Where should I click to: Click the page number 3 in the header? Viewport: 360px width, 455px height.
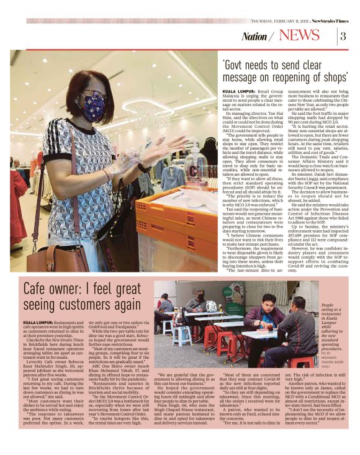(x=343, y=35)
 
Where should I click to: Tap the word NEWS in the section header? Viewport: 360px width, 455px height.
(x=308, y=35)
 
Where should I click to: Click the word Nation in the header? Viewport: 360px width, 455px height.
(x=254, y=36)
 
